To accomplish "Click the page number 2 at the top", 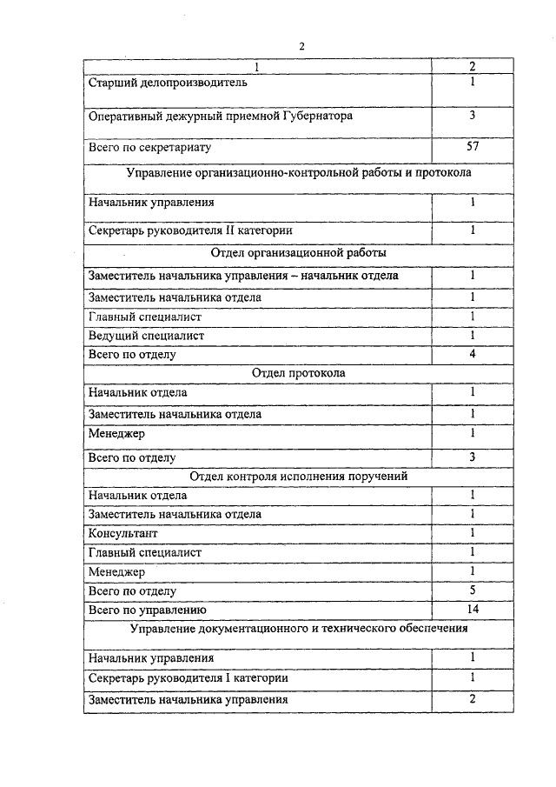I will pos(301,46).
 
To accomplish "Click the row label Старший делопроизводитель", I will pos(169,83).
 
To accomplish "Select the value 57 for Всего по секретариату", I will pos(473,147).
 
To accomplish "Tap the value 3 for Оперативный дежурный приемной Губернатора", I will pos(473,115).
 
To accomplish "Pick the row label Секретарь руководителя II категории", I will pos(190,231).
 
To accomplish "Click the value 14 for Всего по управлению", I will pos(473,609).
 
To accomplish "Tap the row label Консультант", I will pos(123,533).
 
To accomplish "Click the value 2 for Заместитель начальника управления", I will pos(473,699).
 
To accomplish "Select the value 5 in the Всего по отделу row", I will pos(473,590).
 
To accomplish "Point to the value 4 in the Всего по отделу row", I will pos(473,354).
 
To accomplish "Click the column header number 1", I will pos(257,66).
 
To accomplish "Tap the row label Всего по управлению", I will pos(146,610).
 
